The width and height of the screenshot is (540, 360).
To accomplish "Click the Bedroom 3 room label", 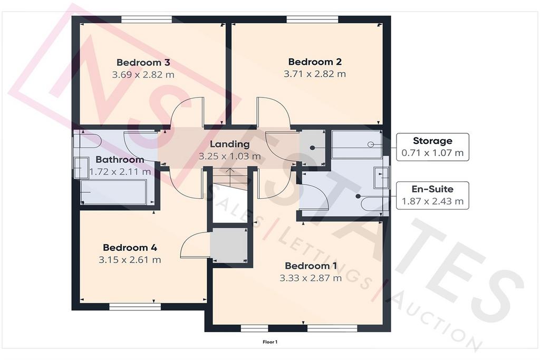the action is click(x=143, y=62).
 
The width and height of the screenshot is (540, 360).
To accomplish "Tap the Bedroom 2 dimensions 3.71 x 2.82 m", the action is click(x=315, y=74).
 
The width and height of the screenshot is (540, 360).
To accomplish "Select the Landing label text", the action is click(x=230, y=144).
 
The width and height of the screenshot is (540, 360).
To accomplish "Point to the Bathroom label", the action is click(x=120, y=159).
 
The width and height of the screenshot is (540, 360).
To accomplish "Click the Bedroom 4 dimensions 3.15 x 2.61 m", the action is click(x=130, y=259).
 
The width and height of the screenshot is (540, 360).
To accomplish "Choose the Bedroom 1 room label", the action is click(x=311, y=266).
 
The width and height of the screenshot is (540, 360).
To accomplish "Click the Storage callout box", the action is click(x=432, y=147).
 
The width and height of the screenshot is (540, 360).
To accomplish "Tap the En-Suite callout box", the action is click(x=432, y=195).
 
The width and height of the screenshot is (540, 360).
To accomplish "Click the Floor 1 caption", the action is click(x=270, y=342).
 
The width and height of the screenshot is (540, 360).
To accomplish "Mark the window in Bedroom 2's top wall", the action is click(x=312, y=20).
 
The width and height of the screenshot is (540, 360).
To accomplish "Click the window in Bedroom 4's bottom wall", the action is click(x=135, y=306).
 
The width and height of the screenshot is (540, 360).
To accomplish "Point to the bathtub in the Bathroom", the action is click(x=114, y=192).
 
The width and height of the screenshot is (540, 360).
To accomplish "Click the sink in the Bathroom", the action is click(x=81, y=168).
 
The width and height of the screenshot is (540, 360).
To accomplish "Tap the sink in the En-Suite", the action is click(x=381, y=178).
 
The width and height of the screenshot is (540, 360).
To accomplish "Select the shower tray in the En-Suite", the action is click(x=357, y=144).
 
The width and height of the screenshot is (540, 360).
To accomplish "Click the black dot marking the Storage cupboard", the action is click(x=312, y=148).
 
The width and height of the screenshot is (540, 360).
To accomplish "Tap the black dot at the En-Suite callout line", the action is click(x=358, y=197).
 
